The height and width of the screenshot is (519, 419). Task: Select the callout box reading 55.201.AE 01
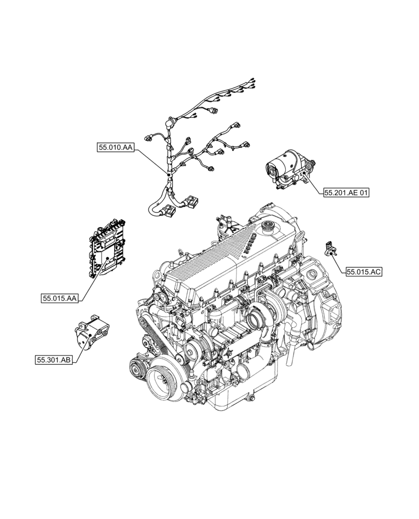[346, 193]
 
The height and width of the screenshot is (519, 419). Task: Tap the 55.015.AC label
[364, 271]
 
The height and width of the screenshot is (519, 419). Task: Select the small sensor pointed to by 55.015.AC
[329, 249]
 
